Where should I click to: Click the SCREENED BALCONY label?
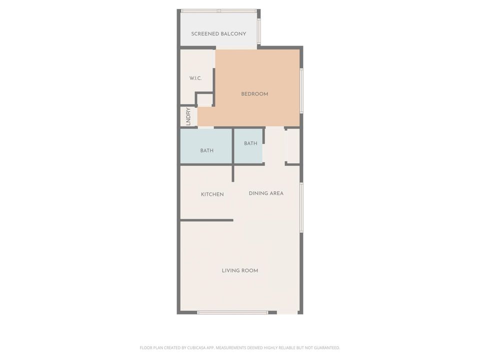pyautogui.click(x=218, y=34)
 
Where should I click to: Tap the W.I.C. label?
pyautogui.click(x=195, y=78)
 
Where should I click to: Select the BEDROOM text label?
pyautogui.click(x=254, y=94)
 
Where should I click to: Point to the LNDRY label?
pyautogui.click(x=188, y=116)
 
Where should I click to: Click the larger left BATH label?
pyautogui.click(x=206, y=150)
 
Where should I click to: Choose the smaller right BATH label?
pyautogui.click(x=250, y=143)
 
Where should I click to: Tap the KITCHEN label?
pyautogui.click(x=212, y=194)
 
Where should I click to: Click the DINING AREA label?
pyautogui.click(x=266, y=193)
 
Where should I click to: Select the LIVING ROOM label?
pyautogui.click(x=240, y=270)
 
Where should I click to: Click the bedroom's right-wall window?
pyautogui.click(x=301, y=90)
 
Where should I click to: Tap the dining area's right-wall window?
pyautogui.click(x=301, y=207)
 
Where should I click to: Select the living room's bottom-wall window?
pyautogui.click(x=232, y=312)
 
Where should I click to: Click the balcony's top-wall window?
pyautogui.click(x=218, y=10)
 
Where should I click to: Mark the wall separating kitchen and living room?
pyautogui.click(x=206, y=220)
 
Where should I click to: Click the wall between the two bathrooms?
pyautogui.click(x=233, y=146)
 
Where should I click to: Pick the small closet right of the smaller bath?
pyautogui.click(x=292, y=146)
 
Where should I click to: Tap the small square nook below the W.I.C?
pyautogui.click(x=204, y=99)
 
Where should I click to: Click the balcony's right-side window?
pyautogui.click(x=258, y=31)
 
